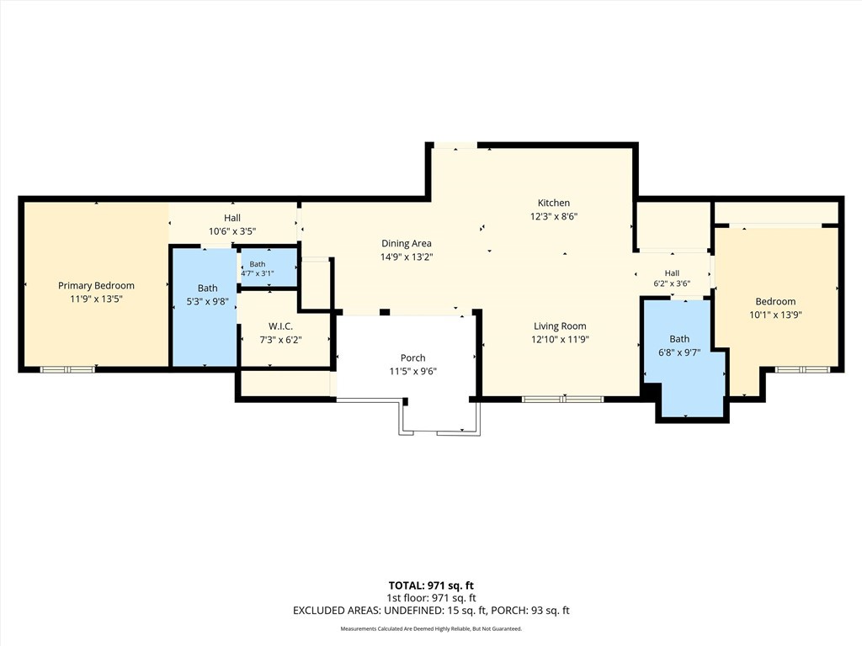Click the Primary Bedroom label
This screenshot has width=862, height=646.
[x=96, y=286]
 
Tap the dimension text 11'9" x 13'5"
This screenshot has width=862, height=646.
[x=96, y=299]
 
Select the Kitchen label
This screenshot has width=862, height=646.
[x=554, y=203]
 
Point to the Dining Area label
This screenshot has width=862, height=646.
[x=407, y=243]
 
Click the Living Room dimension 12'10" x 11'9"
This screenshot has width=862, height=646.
[x=560, y=340]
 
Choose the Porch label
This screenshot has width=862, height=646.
[x=412, y=357]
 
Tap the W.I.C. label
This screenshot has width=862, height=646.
[x=280, y=326]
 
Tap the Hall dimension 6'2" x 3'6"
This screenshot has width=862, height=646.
[x=672, y=284]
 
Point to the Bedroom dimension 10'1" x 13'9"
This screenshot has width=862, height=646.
[x=775, y=315]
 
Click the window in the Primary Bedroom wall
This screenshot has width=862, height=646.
[x=67, y=369]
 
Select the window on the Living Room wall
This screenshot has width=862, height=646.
[x=563, y=399]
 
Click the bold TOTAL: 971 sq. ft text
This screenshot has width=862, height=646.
[x=431, y=585]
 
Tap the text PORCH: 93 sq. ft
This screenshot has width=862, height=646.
[x=530, y=611]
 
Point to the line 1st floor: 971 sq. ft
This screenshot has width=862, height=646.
[x=432, y=598]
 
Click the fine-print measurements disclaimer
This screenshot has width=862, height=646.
[x=431, y=629]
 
